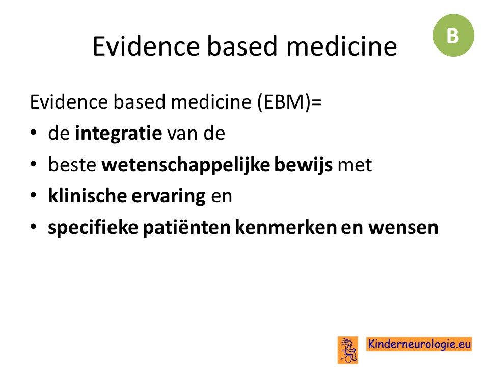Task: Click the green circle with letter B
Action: (x=453, y=35)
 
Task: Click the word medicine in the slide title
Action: (x=341, y=46)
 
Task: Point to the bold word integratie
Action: (x=119, y=133)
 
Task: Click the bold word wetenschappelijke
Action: (x=186, y=165)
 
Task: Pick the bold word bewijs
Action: (x=304, y=165)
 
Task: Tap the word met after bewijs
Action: (x=355, y=165)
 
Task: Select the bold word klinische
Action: (x=87, y=196)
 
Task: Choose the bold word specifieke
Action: (x=93, y=227)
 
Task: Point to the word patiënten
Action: (x=186, y=227)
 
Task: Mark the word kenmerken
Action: (x=286, y=227)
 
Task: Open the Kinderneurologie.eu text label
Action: (x=419, y=344)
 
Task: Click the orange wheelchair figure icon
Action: (x=348, y=350)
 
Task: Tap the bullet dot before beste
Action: (x=34, y=164)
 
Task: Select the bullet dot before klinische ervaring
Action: (x=34, y=195)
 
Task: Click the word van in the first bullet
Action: (x=183, y=134)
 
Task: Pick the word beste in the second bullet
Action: (x=72, y=165)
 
